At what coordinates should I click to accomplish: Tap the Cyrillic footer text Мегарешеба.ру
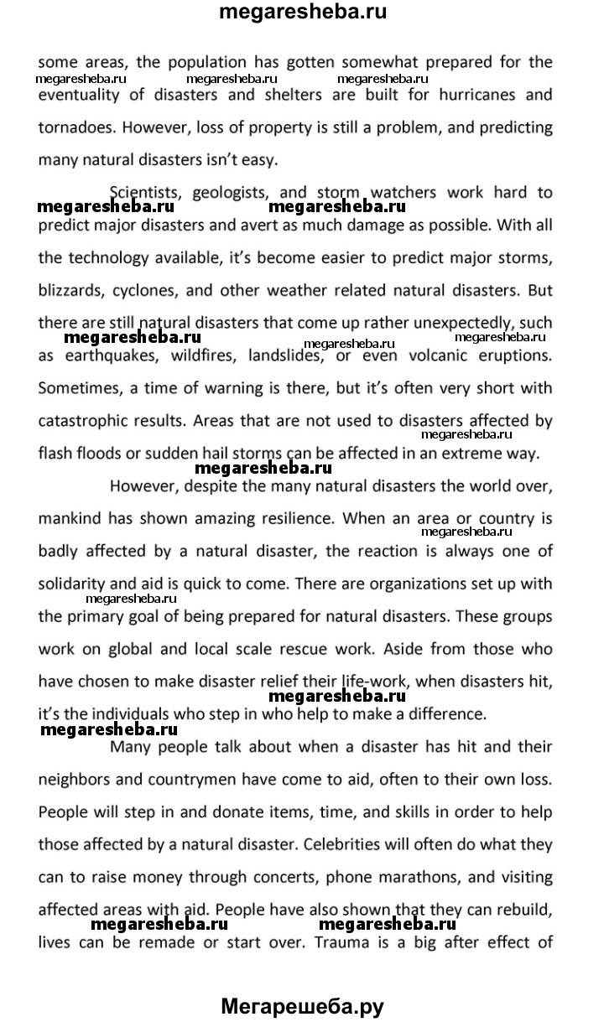pyautogui.click(x=303, y=1005)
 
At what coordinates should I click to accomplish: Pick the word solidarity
pyautogui.click(x=72, y=583)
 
